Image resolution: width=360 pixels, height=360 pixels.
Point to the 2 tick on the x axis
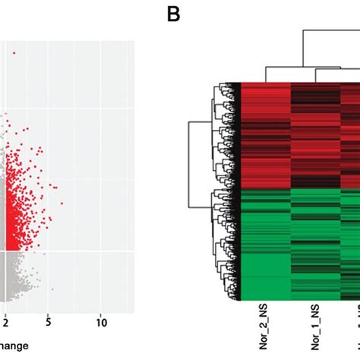click(5, 322)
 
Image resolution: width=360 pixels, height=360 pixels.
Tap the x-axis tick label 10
click(100, 322)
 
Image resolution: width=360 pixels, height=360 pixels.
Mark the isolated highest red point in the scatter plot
click(13, 53)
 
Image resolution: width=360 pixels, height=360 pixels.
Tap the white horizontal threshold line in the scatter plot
click(68, 251)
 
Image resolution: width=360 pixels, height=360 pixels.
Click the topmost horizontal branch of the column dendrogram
click(330, 30)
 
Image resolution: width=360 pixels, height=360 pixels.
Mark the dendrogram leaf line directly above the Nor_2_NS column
click(266, 73)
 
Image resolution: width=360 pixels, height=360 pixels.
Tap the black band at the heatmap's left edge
click(238, 190)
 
